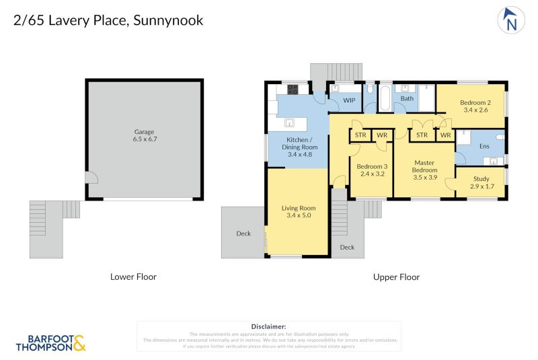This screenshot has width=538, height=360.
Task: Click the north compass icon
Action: [x=511, y=20]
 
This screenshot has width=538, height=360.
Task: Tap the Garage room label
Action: [x=144, y=132]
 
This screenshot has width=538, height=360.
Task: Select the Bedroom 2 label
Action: [x=475, y=102]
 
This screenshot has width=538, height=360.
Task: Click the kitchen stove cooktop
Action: [x=295, y=89]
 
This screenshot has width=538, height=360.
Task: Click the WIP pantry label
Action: [x=349, y=100]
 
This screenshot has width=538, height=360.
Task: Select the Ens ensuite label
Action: [x=484, y=145]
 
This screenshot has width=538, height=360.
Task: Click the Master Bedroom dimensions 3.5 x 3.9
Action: [x=424, y=178]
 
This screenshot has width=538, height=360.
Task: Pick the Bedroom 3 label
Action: [x=372, y=166]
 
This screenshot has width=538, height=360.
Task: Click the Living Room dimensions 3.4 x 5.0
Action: [x=298, y=216]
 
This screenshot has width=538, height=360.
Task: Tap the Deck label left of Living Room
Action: [x=243, y=233]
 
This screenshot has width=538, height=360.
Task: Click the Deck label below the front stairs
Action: [x=347, y=247]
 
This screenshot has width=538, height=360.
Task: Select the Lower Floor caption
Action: [x=133, y=277]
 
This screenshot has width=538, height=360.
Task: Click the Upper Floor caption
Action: [x=396, y=277]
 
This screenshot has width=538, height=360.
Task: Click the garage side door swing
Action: [x=93, y=178]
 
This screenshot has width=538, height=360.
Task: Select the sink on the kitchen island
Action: [x=290, y=123]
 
